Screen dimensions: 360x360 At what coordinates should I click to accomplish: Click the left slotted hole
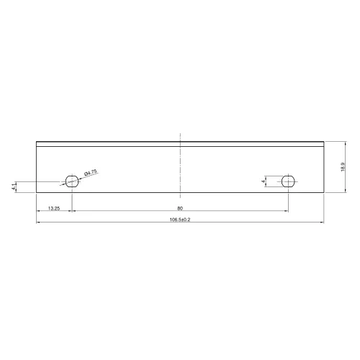point(72,179)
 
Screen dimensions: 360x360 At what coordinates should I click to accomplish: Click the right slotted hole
point(288,179)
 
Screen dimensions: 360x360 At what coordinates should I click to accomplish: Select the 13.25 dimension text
point(53,208)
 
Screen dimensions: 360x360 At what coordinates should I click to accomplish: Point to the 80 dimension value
point(179,208)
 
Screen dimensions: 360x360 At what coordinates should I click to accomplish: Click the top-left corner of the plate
point(36,140)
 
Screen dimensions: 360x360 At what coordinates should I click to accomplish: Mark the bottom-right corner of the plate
point(325,193)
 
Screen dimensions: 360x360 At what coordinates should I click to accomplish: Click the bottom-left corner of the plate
point(36,193)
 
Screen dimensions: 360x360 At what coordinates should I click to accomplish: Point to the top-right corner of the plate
point(325,140)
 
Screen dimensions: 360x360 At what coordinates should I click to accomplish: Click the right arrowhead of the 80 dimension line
point(287,212)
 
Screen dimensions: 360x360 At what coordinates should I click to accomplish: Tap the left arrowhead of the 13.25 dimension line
point(37,212)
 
